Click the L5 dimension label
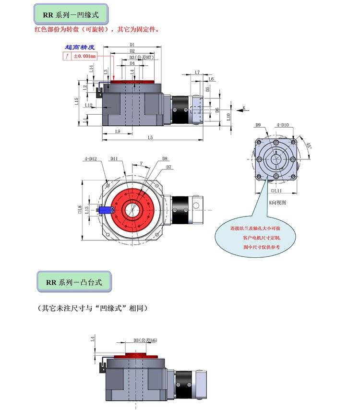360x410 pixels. point(150,138)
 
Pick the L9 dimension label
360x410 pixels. point(118,131)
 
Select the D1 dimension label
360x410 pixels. point(132,45)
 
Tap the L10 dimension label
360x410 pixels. point(228,116)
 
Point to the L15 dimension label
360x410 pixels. point(76,101)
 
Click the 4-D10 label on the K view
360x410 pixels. point(282,125)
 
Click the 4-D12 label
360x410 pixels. point(91,158)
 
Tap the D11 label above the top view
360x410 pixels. point(114,158)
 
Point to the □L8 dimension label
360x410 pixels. point(80,209)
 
